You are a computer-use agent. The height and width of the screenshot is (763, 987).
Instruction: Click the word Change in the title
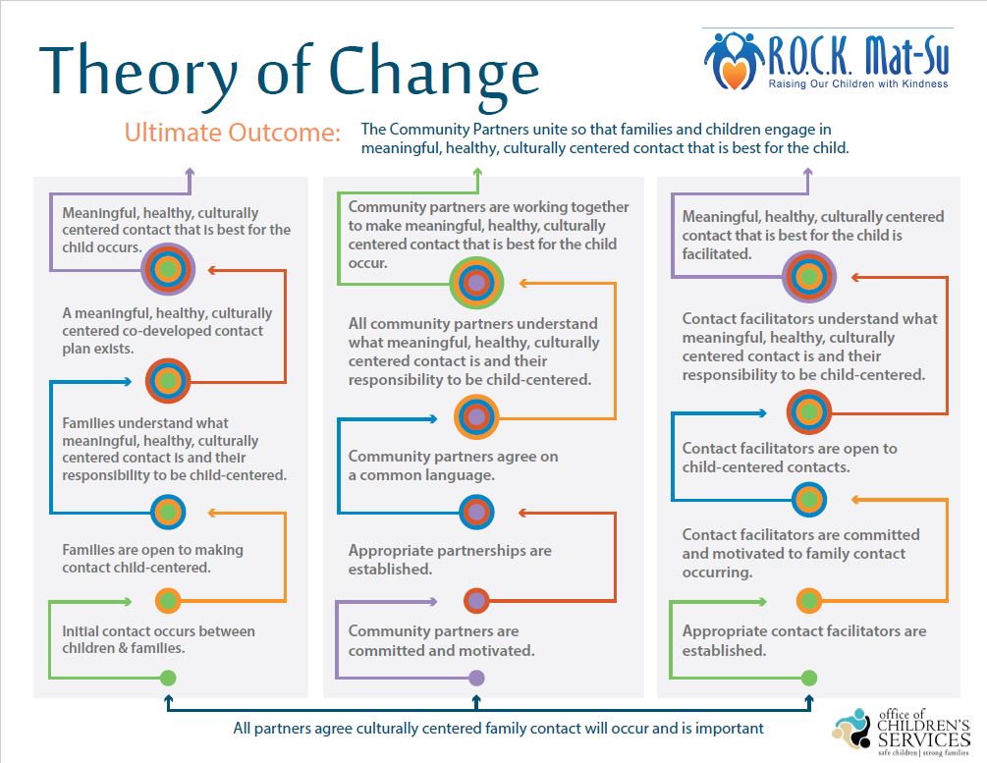[x=434, y=73]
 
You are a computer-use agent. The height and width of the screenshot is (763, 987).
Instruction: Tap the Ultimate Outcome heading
[x=233, y=133]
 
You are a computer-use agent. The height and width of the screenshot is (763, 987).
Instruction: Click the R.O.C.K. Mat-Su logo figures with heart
[x=734, y=60]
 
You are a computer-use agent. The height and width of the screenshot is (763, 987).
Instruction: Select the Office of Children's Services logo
[x=901, y=732]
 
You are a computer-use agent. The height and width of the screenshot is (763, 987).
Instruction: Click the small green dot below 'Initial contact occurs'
[x=167, y=678]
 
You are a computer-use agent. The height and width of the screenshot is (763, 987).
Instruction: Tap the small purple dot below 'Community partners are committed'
[x=476, y=678]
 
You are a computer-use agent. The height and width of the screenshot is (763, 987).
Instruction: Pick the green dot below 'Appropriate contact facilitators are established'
[x=809, y=678]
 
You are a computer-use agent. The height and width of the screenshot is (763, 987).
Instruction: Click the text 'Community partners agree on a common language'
[x=453, y=465]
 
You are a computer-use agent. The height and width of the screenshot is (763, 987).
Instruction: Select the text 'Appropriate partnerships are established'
[x=450, y=560]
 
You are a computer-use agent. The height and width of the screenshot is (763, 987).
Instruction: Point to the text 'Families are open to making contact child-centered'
[x=152, y=559]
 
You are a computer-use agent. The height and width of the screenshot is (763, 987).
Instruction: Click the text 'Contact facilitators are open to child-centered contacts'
[x=790, y=458]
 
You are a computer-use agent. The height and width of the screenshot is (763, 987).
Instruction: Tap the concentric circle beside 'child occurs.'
[x=168, y=269]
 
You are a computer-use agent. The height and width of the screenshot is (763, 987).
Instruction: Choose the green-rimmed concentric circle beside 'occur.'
[x=476, y=282]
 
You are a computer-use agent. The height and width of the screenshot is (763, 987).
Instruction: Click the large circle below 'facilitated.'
[x=809, y=276]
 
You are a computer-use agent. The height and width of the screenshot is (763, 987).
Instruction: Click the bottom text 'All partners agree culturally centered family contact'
[x=499, y=729]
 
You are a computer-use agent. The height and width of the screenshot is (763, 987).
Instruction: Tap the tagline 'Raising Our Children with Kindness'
[x=858, y=83]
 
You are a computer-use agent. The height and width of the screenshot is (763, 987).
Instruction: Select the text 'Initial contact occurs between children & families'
[x=159, y=639]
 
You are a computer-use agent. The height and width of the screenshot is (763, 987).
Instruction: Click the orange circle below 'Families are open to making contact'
[x=167, y=601]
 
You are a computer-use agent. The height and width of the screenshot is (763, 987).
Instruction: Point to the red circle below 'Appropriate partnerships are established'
[x=476, y=601]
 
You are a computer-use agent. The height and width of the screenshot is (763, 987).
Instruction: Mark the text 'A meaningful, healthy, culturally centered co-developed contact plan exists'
[x=167, y=331]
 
